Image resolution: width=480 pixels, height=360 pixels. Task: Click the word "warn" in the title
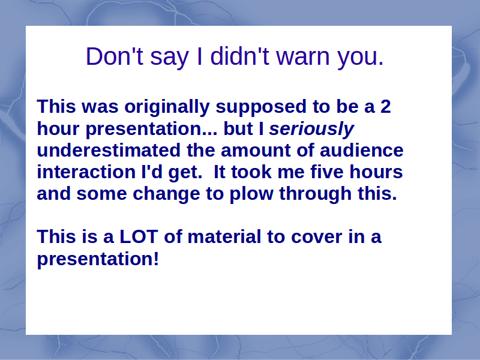point(303,56)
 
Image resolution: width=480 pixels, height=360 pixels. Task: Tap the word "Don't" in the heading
point(115,56)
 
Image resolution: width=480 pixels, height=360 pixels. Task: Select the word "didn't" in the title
point(239,56)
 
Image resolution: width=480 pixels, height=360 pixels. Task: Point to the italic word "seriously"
point(311,129)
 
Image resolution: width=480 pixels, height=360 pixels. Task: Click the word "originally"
point(167,107)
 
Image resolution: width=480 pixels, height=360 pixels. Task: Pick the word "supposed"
point(261,107)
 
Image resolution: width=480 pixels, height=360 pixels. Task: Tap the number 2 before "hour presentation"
point(386,107)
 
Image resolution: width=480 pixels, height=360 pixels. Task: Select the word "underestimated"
point(109,151)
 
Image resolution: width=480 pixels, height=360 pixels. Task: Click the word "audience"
point(362,151)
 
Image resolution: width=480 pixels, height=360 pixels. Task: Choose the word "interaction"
point(86,172)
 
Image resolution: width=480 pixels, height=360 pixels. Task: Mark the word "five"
point(327,172)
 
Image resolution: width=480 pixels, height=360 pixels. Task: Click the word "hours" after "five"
point(376,172)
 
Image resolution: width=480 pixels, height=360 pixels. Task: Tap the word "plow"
point(251,194)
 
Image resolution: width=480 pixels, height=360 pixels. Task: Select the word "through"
point(316,194)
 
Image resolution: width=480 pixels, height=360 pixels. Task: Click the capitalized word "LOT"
point(139,237)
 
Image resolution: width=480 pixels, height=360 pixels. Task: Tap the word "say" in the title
point(169,58)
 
